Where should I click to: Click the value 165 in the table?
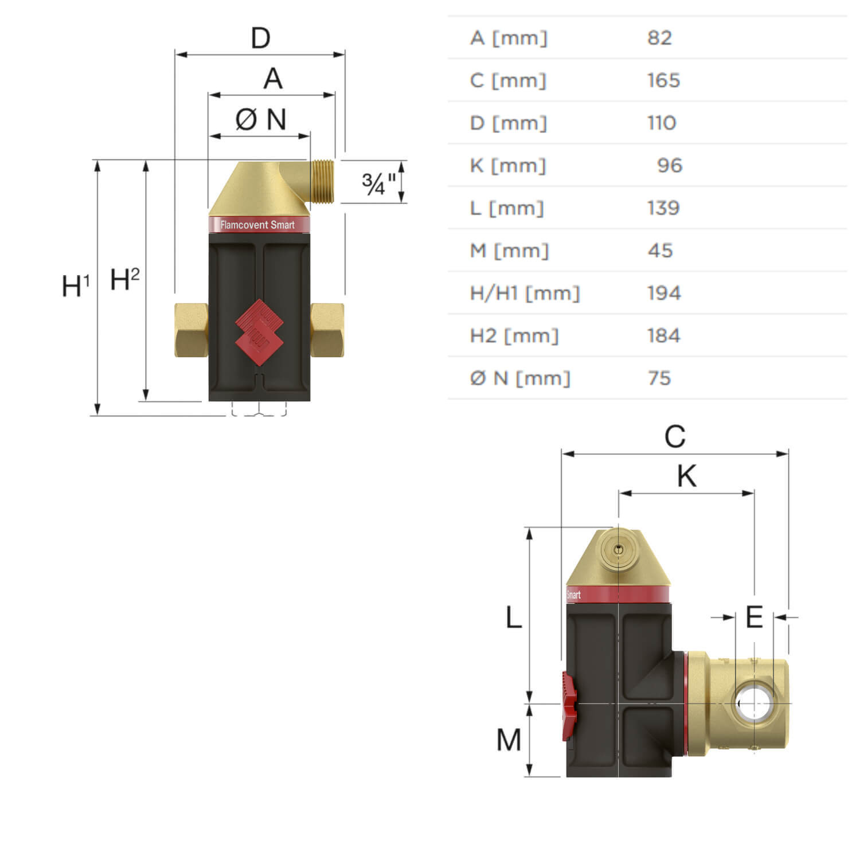click(663, 80)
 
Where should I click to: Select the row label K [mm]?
click(508, 166)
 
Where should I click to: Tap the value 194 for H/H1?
click(664, 293)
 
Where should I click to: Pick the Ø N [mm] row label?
click(520, 378)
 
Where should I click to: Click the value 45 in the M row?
click(660, 251)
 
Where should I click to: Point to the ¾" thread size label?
click(379, 183)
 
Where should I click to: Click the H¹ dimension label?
click(76, 286)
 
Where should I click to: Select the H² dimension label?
click(124, 279)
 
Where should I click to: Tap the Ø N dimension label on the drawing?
click(261, 120)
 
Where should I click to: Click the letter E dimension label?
click(754, 617)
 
